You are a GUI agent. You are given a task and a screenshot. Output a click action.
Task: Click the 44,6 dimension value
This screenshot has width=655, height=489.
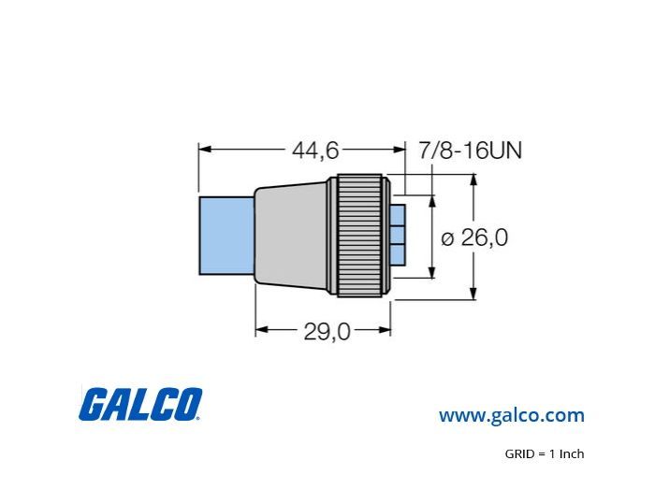315,151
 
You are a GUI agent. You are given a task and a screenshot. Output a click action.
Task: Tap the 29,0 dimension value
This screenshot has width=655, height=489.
327,332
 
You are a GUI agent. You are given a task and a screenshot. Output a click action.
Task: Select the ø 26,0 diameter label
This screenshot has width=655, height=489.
474,237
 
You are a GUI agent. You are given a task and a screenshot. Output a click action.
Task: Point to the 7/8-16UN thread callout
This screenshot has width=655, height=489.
471,151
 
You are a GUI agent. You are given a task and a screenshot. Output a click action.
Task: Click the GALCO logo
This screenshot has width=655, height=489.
140,404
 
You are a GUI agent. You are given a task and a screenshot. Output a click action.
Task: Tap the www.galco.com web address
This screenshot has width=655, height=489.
511,415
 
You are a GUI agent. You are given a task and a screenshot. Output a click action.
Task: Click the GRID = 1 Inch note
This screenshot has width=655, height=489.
545,453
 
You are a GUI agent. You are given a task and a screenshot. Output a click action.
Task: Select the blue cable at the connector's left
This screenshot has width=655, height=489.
226,236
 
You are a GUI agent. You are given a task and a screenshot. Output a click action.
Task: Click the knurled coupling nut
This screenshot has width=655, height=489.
359,236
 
